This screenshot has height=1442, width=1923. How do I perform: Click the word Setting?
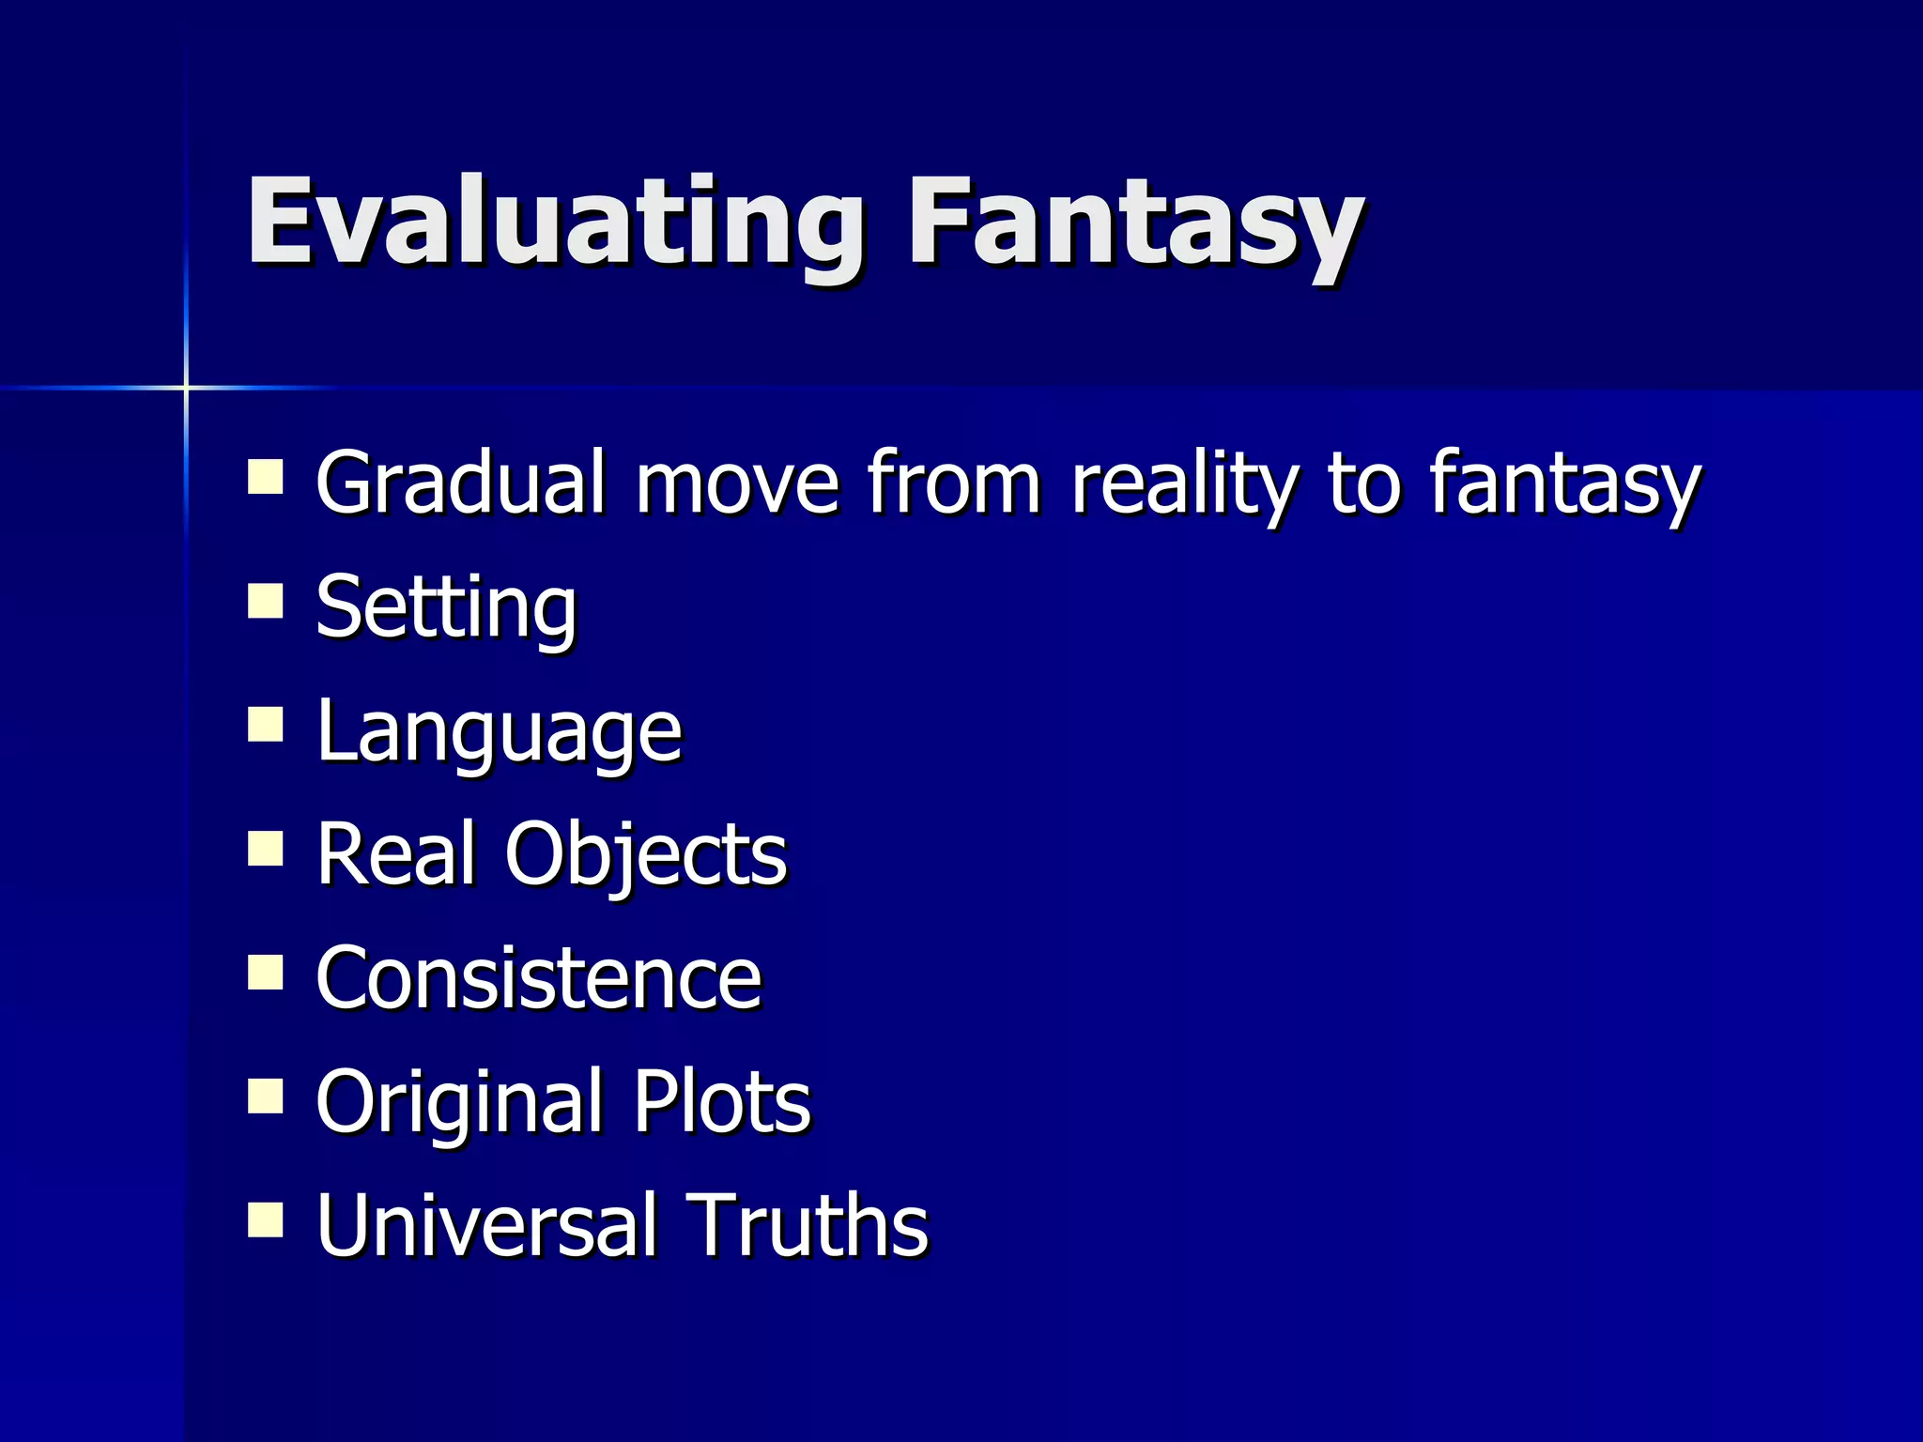[446, 607]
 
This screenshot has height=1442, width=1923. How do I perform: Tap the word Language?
[499, 731]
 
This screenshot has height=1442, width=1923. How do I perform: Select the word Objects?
[646, 853]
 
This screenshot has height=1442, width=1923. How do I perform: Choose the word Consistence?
[538, 978]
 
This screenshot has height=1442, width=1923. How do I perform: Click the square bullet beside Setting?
[266, 601]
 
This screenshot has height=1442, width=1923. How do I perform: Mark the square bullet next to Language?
[266, 725]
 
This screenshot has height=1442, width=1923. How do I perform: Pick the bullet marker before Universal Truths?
[266, 1220]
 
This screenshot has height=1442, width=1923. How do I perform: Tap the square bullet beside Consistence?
[266, 973]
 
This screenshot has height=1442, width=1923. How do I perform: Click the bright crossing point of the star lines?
[186, 387]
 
